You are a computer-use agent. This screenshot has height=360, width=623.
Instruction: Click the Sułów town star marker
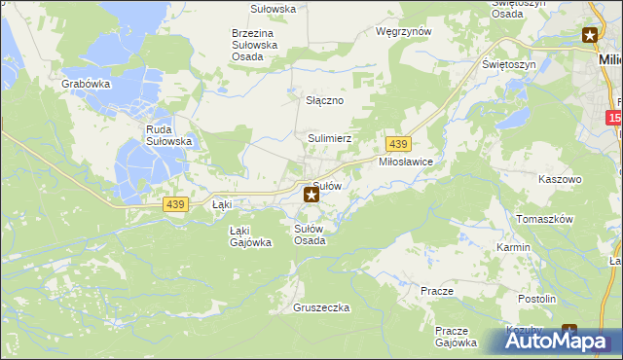[x=311, y=195]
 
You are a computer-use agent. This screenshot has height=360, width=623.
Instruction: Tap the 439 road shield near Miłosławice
[x=396, y=144]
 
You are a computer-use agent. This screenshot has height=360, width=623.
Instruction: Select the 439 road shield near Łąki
[x=175, y=204]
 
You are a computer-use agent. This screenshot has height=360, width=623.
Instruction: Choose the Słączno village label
[x=325, y=101]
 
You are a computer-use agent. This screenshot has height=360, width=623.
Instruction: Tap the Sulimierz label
[x=329, y=139]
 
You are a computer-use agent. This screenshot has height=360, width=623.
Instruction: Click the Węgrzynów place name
[x=403, y=31]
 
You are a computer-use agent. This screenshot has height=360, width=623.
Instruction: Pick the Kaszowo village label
[x=560, y=180]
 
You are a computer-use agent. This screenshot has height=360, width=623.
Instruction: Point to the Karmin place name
[x=513, y=247]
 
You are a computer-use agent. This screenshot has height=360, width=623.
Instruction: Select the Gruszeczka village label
[x=320, y=307]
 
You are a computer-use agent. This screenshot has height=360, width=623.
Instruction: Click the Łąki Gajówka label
[x=250, y=236]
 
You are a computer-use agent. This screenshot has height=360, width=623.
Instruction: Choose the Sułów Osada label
[x=310, y=234]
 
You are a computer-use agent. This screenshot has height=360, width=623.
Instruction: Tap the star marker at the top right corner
[x=590, y=36]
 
